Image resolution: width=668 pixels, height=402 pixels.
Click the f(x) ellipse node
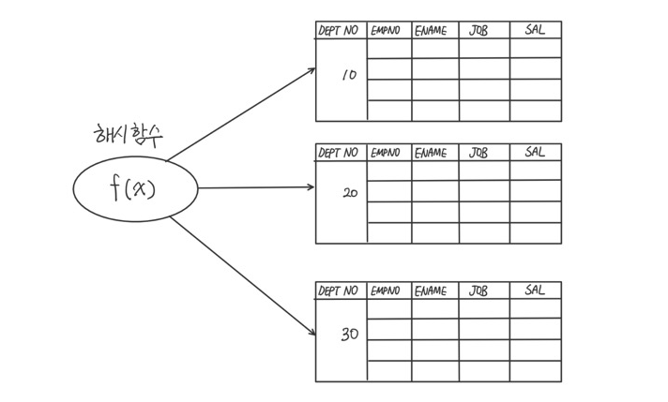(x=136, y=189)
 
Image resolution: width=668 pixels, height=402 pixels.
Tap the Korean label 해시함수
(x=129, y=133)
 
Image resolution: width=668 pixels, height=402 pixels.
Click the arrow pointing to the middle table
(x=255, y=187)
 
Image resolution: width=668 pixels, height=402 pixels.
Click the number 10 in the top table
(x=350, y=75)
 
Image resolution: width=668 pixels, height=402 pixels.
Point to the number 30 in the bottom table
(x=349, y=333)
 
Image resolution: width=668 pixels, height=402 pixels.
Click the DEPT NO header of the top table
(x=339, y=31)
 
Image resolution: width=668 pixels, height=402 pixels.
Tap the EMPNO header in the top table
(x=386, y=31)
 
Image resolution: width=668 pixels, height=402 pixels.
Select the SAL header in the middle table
(x=535, y=151)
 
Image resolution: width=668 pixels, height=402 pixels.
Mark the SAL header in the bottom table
(x=535, y=290)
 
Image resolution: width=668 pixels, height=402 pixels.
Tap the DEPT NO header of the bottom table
(x=339, y=291)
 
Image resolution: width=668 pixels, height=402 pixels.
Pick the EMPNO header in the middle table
(x=386, y=152)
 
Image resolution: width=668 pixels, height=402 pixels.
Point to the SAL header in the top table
(x=535, y=30)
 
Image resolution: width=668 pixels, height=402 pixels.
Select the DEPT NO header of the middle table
(x=339, y=152)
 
